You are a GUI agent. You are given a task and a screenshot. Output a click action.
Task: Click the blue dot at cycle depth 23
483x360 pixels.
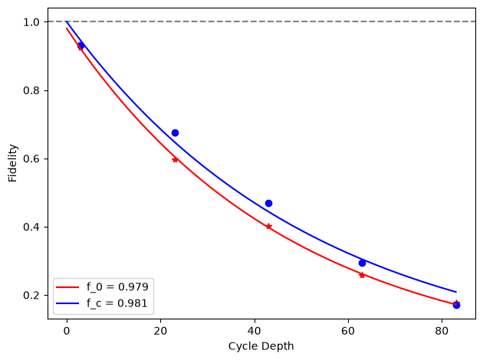point(175,133)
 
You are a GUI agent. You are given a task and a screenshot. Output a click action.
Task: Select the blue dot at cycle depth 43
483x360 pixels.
point(268,204)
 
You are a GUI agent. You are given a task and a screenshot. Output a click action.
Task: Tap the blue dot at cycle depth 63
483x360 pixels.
point(362,263)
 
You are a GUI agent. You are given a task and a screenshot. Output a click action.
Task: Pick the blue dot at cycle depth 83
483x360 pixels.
point(456,305)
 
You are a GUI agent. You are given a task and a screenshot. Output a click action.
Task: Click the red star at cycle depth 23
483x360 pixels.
point(175,159)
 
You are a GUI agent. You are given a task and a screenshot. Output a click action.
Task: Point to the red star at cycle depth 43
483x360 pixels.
point(268,227)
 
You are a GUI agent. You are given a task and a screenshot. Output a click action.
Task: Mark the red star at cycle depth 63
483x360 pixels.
point(362,275)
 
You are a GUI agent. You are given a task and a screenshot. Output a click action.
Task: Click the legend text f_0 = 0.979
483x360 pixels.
point(117,286)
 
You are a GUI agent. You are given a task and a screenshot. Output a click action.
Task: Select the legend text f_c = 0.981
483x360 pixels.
point(117,303)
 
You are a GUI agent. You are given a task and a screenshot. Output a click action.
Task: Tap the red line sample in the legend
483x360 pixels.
point(67,287)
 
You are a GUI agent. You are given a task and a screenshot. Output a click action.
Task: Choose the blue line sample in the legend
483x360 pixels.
point(67,303)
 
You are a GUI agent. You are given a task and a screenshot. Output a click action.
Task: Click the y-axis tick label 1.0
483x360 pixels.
point(31,22)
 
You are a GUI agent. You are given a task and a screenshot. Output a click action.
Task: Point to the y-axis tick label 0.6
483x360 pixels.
point(31,159)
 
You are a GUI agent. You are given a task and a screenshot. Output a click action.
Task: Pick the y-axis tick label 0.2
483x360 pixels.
point(31,296)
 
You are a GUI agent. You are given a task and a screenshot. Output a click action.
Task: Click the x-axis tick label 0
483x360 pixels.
point(67,331)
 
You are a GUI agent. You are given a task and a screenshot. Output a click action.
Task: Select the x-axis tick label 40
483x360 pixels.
point(255,331)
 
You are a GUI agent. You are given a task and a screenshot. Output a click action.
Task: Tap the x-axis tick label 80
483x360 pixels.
point(442,331)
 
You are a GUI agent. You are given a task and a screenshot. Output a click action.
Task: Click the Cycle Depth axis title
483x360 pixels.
point(261,346)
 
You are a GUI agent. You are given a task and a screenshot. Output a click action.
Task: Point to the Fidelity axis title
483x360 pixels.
point(12,163)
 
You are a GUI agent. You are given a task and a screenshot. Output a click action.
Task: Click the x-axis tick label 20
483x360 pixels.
point(160,331)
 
